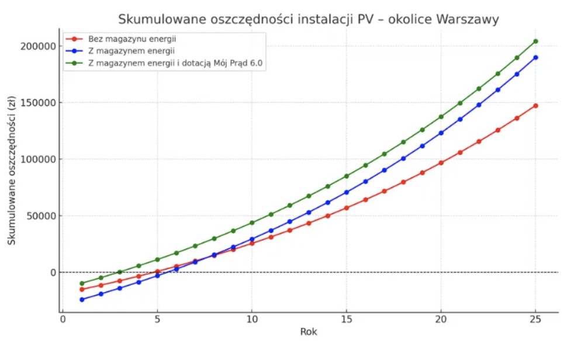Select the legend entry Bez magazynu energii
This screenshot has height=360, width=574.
133,39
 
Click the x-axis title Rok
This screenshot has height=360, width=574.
309,332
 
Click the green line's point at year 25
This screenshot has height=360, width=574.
535,41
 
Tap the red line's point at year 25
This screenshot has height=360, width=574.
535,106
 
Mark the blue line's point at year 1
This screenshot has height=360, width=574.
82,300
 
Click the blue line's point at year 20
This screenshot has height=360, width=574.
441,133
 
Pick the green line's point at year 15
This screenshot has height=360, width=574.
346,176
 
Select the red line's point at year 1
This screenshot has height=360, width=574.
82,289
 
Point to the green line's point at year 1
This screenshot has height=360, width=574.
82,283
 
